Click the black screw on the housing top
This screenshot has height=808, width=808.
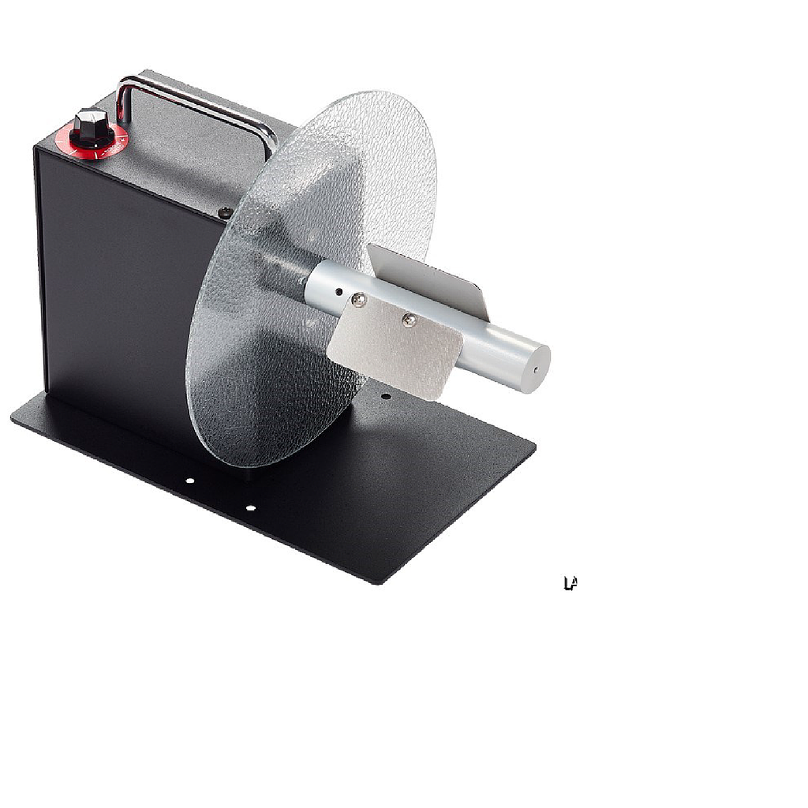[x=225, y=211]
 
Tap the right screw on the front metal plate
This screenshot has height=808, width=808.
[x=409, y=320]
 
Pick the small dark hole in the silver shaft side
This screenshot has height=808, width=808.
[x=339, y=291]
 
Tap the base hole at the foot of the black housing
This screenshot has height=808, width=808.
[x=189, y=480]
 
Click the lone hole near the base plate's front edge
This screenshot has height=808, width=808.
[x=250, y=508]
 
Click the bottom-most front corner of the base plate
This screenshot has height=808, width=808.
[x=377, y=583]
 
